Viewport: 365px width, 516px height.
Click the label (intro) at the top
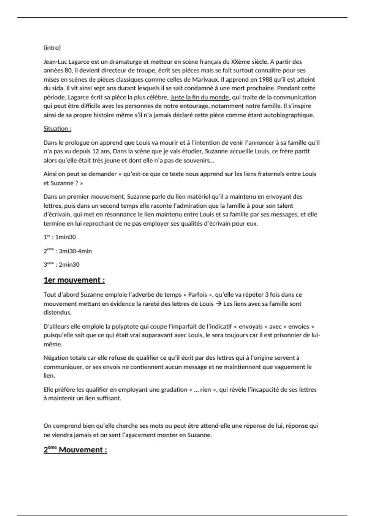(x=52, y=48)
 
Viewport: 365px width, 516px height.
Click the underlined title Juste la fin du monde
(x=200, y=97)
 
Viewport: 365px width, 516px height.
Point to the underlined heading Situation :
(x=57, y=129)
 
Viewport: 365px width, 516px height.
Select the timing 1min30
(x=65, y=237)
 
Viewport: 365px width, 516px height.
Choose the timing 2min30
(x=69, y=265)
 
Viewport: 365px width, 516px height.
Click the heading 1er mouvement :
(x=74, y=280)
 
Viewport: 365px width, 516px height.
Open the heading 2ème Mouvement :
(x=75, y=450)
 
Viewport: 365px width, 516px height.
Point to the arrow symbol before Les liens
(x=218, y=304)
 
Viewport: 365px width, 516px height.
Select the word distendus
(x=57, y=313)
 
